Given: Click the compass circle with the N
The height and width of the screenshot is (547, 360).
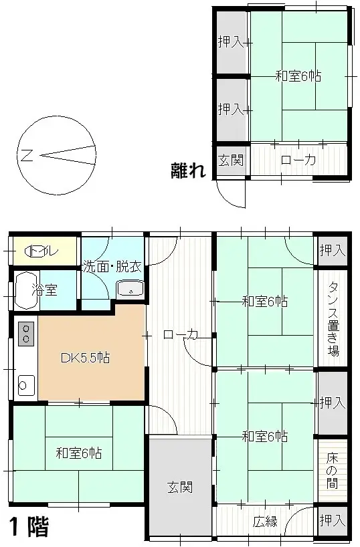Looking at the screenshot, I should click(58, 156).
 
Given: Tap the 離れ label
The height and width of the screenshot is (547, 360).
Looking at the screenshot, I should click(187, 171).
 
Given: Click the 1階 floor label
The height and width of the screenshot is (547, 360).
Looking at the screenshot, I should click(29, 527).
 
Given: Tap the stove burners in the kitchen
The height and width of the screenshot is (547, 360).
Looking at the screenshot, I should click(26, 333).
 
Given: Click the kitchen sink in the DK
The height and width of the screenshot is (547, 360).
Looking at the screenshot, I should click(26, 385).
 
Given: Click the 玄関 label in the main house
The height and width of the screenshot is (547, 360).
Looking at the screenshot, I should click(181, 486).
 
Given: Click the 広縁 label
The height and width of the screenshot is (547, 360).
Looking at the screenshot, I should click(266, 522).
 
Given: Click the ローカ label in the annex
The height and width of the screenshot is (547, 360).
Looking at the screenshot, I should click(298, 160).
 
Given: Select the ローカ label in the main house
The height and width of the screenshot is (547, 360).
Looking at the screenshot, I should click(180, 335).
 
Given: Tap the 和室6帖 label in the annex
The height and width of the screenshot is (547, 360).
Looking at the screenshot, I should click(298, 76).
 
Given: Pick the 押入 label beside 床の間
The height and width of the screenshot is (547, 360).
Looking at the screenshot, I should click(333, 403).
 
